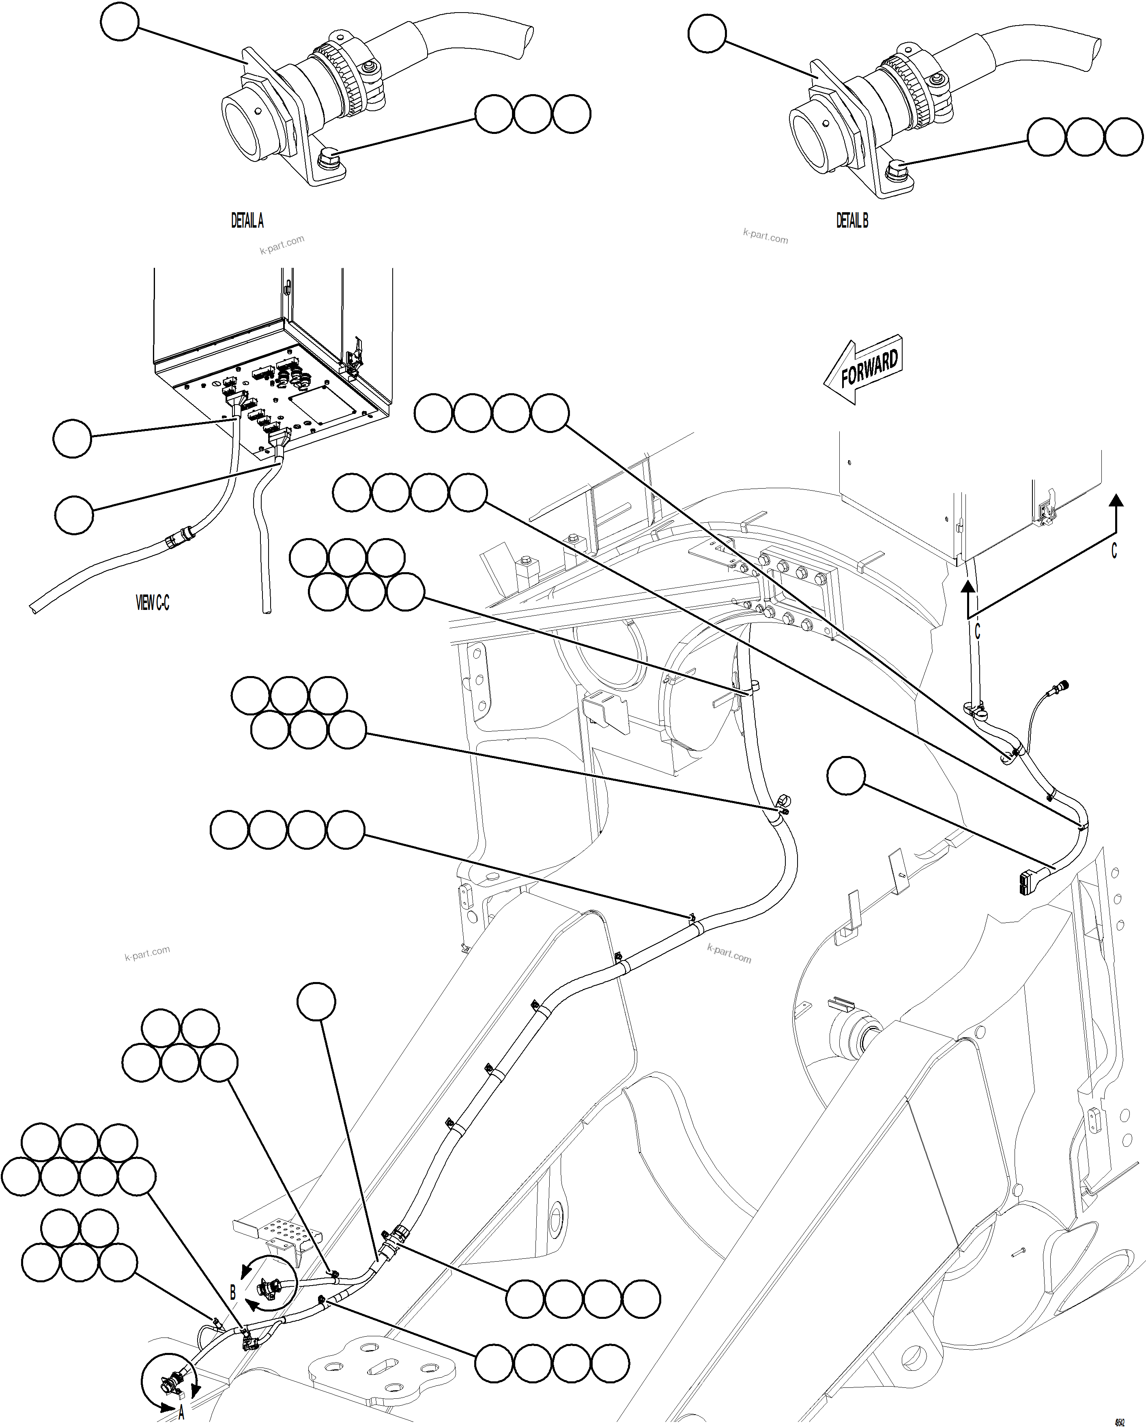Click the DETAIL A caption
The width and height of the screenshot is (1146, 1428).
tap(247, 221)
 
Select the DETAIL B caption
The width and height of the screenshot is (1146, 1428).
tap(851, 221)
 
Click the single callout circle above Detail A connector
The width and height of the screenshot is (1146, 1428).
tap(120, 22)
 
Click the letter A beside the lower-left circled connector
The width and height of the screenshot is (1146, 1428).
tap(181, 1414)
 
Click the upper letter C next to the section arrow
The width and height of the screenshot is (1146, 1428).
tap(1114, 551)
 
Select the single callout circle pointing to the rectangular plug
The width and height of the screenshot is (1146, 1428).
tap(846, 775)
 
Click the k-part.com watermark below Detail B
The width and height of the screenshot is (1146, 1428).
tap(765, 237)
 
